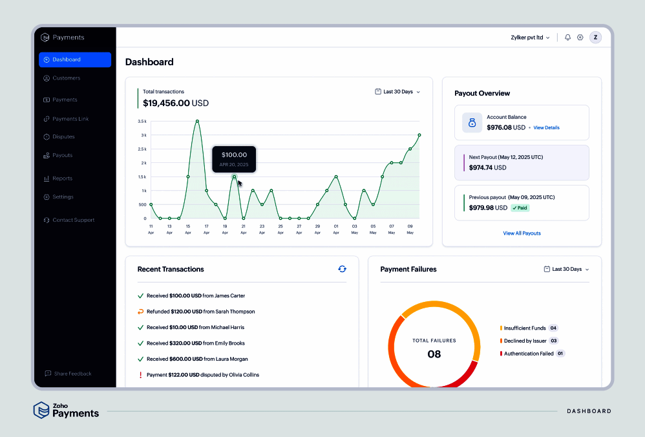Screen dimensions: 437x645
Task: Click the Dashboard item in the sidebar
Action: (x=74, y=59)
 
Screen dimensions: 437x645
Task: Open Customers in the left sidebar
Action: (x=66, y=78)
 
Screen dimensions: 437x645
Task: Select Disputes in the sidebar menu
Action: (x=63, y=137)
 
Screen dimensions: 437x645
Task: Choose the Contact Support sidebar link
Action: (x=73, y=220)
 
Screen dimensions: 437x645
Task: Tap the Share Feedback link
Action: (x=72, y=374)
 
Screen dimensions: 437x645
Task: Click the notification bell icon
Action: (x=567, y=37)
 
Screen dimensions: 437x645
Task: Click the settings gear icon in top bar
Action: (x=580, y=37)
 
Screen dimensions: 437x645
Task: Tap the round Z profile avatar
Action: (x=595, y=37)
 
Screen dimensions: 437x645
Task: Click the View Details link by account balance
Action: (x=546, y=128)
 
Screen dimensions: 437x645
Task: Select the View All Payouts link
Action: (x=522, y=233)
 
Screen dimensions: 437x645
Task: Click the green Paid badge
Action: (x=520, y=208)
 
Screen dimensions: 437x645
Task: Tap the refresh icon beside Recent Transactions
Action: (x=342, y=269)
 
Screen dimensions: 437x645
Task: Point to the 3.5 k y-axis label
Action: (x=142, y=121)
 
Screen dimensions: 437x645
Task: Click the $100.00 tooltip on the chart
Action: (x=234, y=158)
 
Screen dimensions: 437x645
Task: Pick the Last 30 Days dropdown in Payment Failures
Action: (x=566, y=269)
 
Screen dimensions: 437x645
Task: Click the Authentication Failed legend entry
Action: (x=528, y=354)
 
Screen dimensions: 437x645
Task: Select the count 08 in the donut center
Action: (x=434, y=354)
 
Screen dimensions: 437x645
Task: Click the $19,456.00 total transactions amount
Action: (x=167, y=103)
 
